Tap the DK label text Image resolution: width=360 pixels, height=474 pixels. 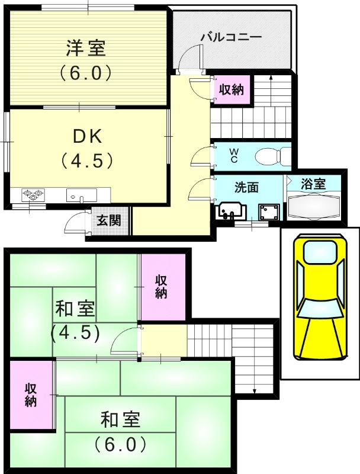[x=87, y=137]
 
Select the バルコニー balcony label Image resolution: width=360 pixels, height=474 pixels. [x=231, y=37]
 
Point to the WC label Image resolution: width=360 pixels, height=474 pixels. [x=234, y=156]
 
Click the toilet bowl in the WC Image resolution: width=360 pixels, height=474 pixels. [x=270, y=156]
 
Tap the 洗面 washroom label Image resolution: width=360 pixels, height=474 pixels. [x=246, y=187]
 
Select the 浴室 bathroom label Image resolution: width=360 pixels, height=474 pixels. [x=314, y=184]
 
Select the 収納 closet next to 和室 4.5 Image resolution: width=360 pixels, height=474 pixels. [x=162, y=286]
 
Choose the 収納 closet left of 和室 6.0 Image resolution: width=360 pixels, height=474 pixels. [x=31, y=394]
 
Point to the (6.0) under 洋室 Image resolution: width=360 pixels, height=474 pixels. [x=85, y=73]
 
